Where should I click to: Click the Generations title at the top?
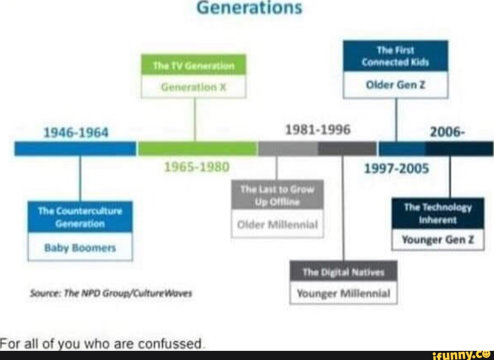(x=249, y=8)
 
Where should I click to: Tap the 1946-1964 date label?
(x=75, y=133)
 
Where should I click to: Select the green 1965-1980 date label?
(x=197, y=167)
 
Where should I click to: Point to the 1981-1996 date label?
(x=317, y=130)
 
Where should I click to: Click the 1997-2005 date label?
(x=396, y=169)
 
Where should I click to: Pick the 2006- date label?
(x=448, y=132)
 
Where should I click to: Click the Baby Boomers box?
(x=80, y=247)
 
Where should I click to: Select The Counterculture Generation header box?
(x=80, y=217)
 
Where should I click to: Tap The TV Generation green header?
(x=193, y=65)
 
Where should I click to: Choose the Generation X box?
(x=193, y=87)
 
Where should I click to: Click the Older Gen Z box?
(x=395, y=85)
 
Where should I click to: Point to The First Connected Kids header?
(x=395, y=56)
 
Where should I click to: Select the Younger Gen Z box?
(x=438, y=239)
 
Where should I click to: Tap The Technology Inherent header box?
(x=438, y=213)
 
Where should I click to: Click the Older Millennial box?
(x=277, y=224)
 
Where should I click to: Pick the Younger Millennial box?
(x=344, y=293)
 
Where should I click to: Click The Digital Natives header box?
(x=344, y=272)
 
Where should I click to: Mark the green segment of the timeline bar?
(x=197, y=149)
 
